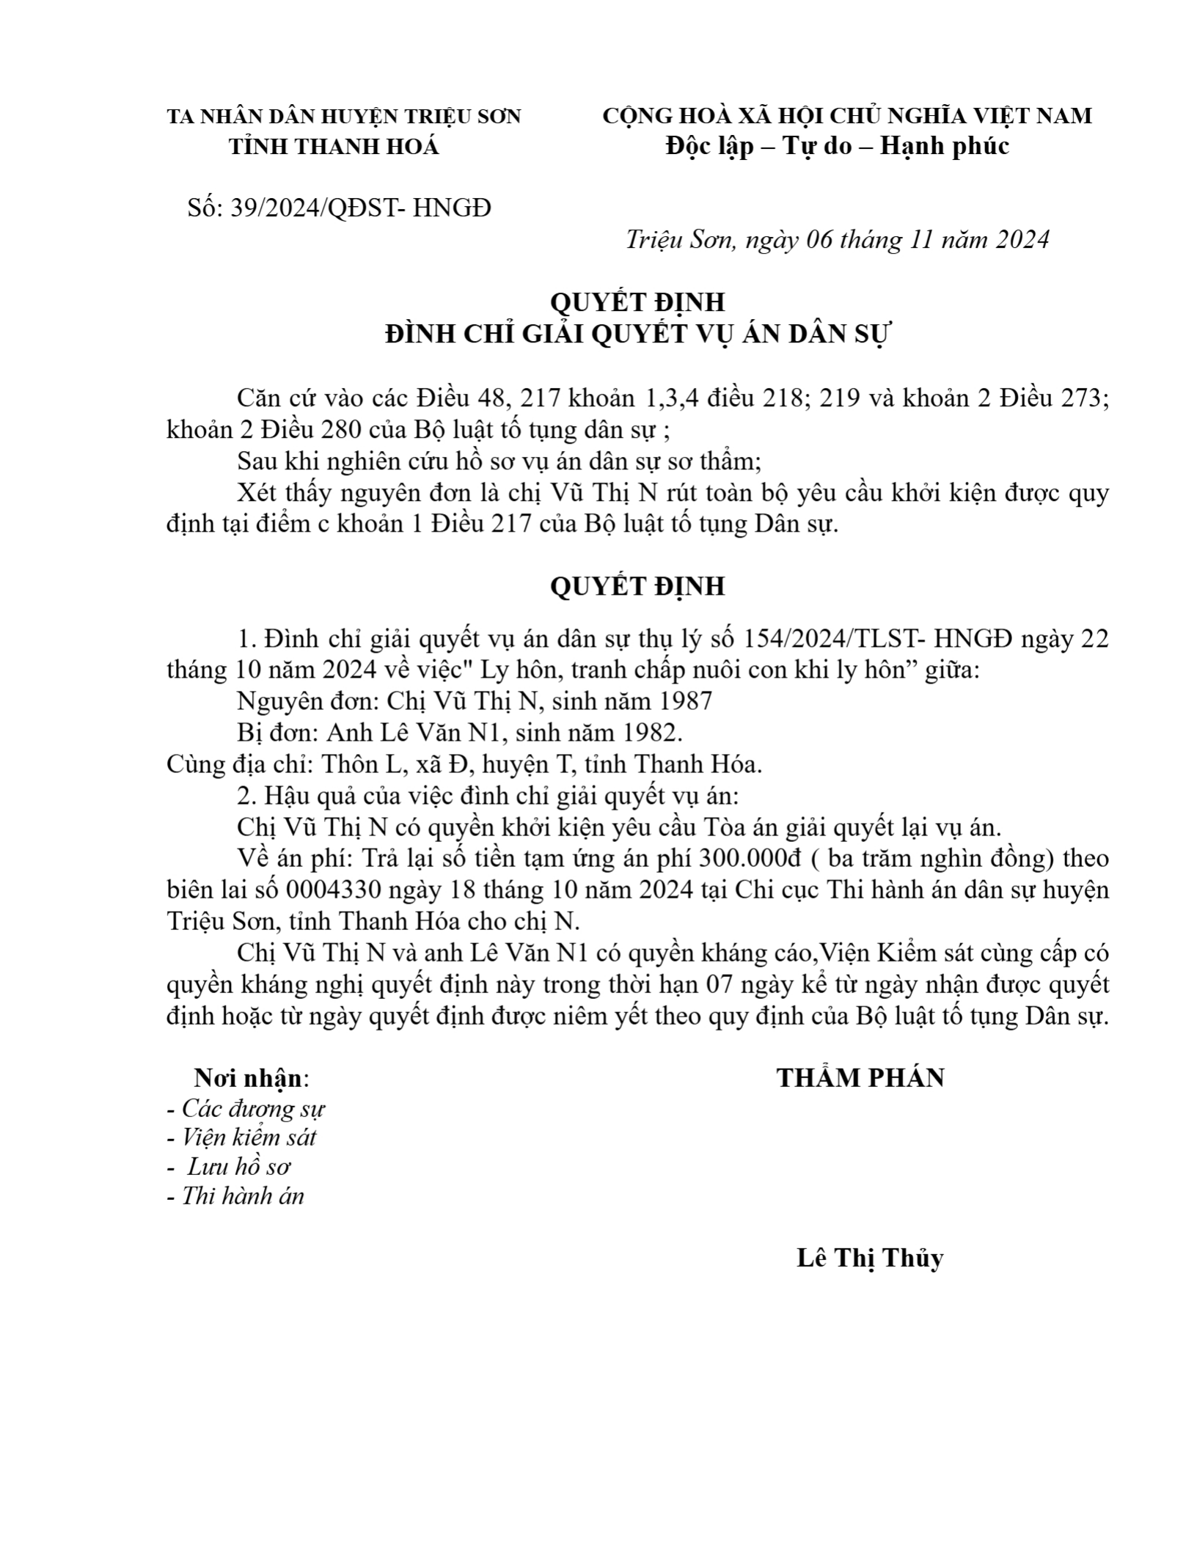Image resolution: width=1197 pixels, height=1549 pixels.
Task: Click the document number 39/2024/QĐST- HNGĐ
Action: click(360, 209)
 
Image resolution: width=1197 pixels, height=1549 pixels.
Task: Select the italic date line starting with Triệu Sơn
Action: click(837, 240)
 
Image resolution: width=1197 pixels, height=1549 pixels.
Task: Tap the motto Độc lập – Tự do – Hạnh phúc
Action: click(837, 146)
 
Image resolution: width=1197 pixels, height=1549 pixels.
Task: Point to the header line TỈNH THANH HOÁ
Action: click(334, 147)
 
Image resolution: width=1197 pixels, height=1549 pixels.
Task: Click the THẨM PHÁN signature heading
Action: click(860, 1077)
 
